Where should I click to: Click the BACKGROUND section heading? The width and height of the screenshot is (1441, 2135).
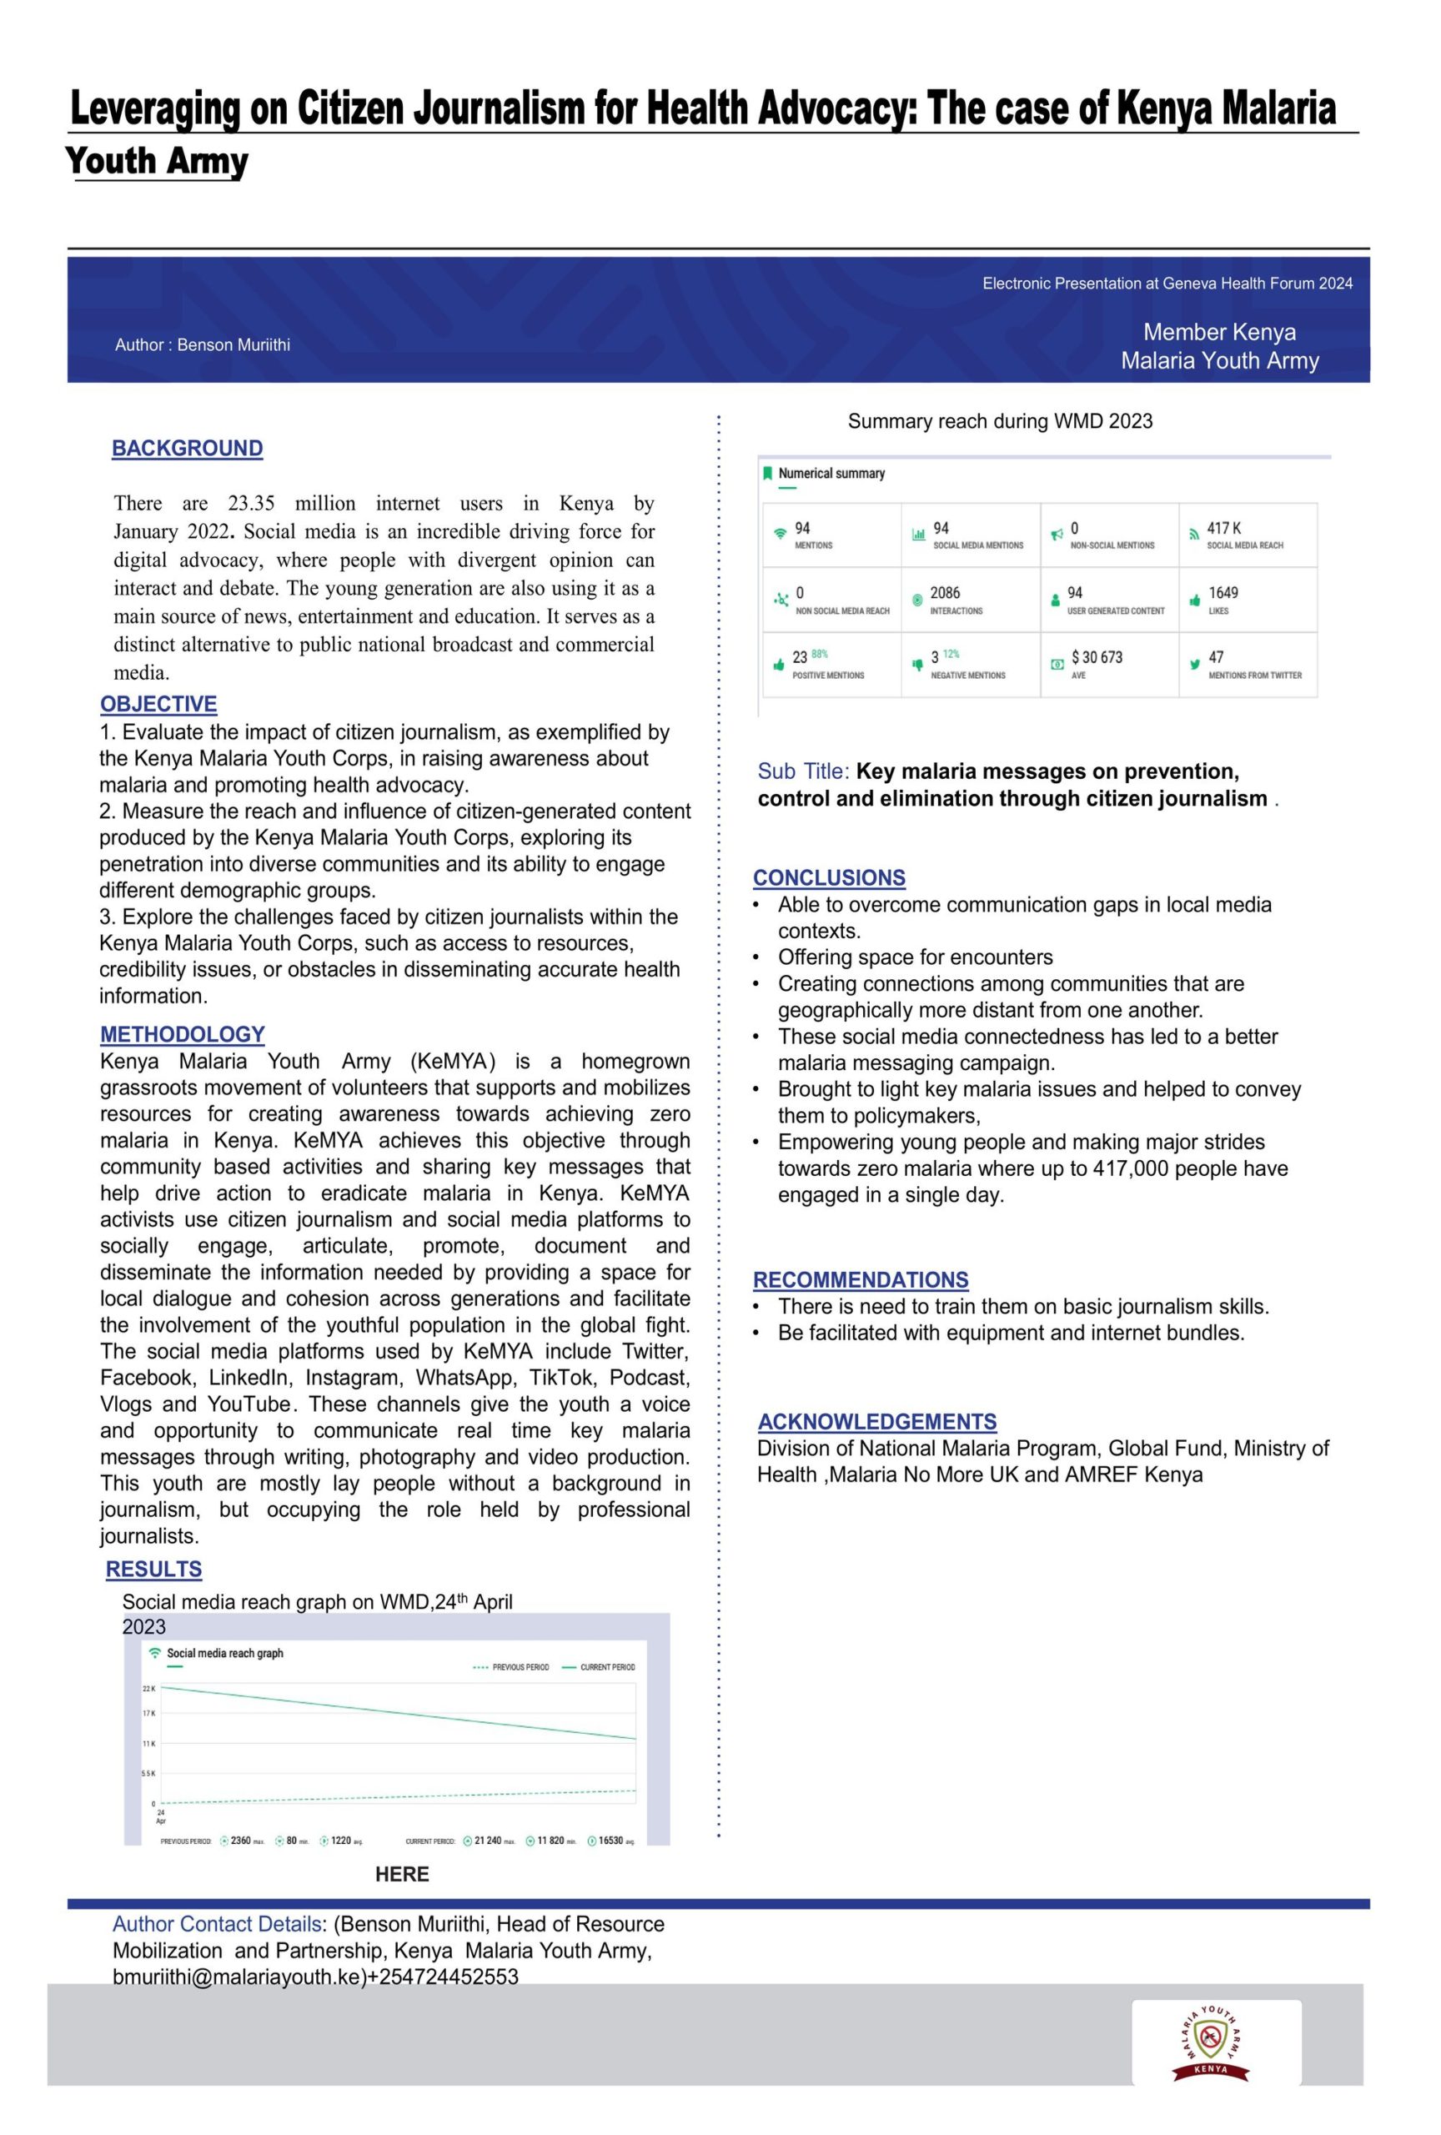click(x=188, y=449)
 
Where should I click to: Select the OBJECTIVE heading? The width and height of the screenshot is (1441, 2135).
click(x=158, y=704)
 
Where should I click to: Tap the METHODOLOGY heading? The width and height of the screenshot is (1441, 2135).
click(x=182, y=1033)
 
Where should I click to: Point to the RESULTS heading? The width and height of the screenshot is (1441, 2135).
click(x=153, y=1568)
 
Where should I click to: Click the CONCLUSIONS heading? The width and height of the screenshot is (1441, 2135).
click(x=828, y=877)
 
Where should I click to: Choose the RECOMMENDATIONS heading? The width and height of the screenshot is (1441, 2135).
click(x=860, y=1278)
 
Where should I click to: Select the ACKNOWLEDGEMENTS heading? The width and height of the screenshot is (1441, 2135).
click(x=876, y=1421)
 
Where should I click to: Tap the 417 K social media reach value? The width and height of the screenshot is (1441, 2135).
click(x=1223, y=528)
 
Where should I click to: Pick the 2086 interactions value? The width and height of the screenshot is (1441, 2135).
click(x=944, y=592)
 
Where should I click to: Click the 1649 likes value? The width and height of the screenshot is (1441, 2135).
click(x=1223, y=592)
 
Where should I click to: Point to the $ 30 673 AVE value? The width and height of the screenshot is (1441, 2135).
click(x=1096, y=657)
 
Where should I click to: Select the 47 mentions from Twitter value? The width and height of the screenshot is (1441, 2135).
click(x=1215, y=657)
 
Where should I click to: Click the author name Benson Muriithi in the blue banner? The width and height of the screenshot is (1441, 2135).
click(x=233, y=344)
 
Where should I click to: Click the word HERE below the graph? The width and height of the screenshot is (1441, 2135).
click(x=401, y=1874)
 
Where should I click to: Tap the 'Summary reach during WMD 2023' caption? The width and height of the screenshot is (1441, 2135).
click(x=999, y=421)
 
